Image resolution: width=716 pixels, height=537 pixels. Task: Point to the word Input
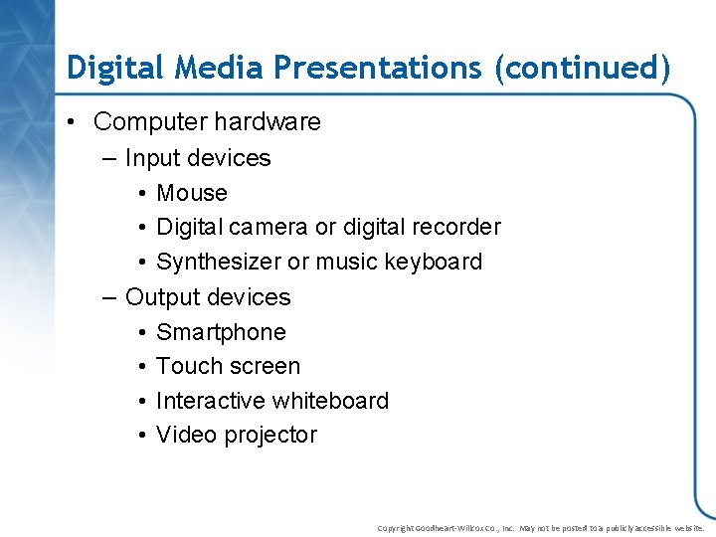151,158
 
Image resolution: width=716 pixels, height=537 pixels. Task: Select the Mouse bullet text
192,193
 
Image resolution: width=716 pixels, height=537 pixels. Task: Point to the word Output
158,297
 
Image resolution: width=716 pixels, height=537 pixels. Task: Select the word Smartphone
221,332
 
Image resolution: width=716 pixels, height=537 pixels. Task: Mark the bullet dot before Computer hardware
74,123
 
